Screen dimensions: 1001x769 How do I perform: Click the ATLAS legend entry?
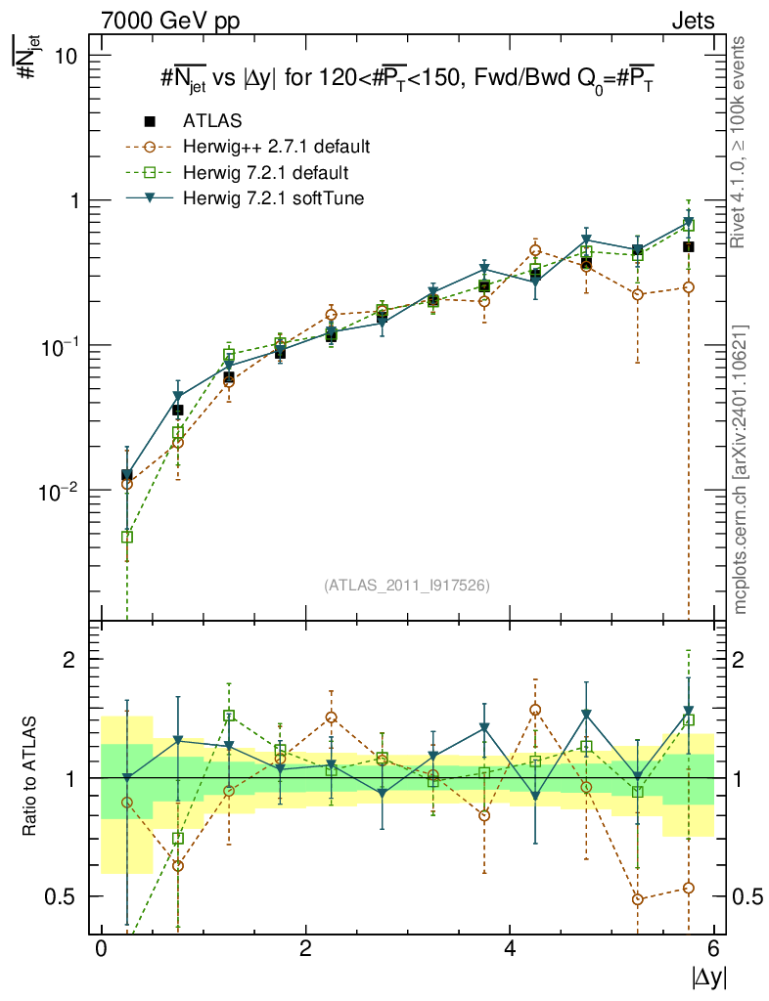(212, 121)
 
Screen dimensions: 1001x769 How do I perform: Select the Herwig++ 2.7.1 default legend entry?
(275, 148)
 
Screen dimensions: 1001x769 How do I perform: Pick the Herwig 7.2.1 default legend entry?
(265, 173)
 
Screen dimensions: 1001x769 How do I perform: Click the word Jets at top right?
(692, 21)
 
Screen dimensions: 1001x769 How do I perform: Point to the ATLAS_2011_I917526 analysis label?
(406, 586)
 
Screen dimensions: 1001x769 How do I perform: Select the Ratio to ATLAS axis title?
(30, 777)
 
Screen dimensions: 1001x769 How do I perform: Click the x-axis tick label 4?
(510, 948)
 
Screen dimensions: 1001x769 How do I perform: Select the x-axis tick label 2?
(305, 948)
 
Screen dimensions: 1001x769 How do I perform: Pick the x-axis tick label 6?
(713, 948)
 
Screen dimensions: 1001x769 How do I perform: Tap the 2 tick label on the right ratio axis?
(742, 659)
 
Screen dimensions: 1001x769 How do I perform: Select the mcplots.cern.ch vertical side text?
(741, 469)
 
